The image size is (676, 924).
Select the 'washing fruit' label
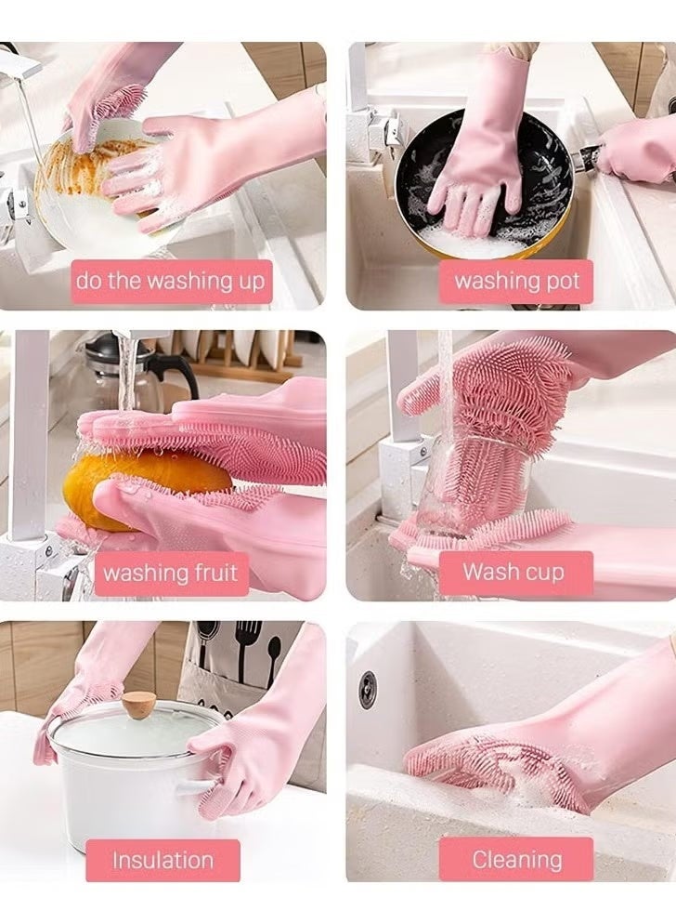tap(170, 572)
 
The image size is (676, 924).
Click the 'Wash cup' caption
tap(514, 572)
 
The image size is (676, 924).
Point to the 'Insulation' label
tap(162, 860)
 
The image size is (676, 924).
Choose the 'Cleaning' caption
tap(516, 860)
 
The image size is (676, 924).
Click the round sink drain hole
tap(369, 689)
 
